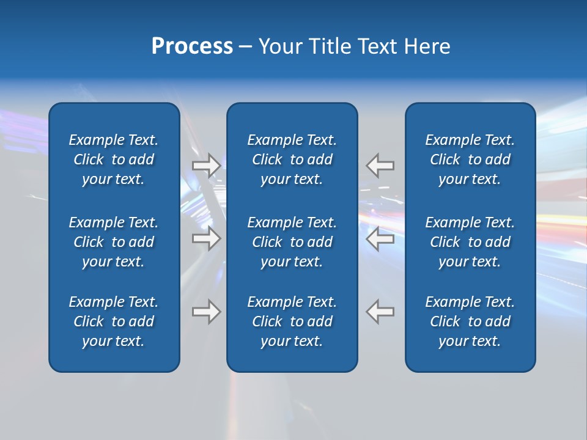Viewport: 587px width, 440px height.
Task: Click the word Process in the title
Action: click(x=192, y=46)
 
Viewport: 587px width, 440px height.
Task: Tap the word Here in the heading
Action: click(x=427, y=46)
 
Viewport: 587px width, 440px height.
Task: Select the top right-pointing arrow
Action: click(x=206, y=165)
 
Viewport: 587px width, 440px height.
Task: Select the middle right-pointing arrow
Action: click(x=206, y=238)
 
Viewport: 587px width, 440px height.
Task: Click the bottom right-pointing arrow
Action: click(x=206, y=312)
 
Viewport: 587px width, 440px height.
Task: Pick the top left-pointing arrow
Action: click(x=380, y=165)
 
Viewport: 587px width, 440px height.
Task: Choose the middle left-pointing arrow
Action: click(x=380, y=238)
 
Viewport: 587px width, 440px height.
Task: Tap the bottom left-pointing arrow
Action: click(x=380, y=312)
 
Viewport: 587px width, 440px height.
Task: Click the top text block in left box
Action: click(x=114, y=159)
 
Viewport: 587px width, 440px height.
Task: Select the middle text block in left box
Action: click(x=114, y=242)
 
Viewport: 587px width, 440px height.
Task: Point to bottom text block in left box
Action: click(x=114, y=321)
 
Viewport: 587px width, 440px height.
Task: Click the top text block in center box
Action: click(x=292, y=159)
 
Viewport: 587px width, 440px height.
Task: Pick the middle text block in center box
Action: click(x=292, y=242)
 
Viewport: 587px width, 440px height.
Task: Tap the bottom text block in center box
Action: click(x=292, y=321)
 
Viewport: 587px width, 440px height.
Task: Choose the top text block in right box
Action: click(x=470, y=159)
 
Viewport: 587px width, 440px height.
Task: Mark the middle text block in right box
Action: click(x=470, y=242)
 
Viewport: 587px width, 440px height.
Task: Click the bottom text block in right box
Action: click(x=470, y=321)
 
